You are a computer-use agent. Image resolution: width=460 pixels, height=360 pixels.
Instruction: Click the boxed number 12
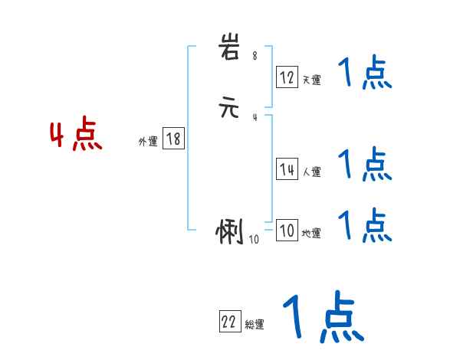click(x=287, y=77)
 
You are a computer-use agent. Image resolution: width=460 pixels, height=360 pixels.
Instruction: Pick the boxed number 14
click(x=287, y=169)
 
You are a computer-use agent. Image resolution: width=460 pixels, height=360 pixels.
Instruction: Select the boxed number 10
click(x=287, y=231)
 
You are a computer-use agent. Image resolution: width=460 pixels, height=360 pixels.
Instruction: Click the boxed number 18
click(x=173, y=139)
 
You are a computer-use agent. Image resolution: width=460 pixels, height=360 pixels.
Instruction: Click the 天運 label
click(x=311, y=80)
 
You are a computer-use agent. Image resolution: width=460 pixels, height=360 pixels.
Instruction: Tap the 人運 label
click(x=311, y=172)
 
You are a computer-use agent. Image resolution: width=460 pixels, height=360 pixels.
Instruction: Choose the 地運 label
click(x=311, y=233)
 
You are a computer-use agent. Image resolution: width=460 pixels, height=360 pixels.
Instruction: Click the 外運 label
click(x=148, y=141)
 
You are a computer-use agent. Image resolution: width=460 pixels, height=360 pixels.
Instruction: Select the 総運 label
click(x=255, y=325)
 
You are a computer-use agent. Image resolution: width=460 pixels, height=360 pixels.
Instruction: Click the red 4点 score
click(x=75, y=136)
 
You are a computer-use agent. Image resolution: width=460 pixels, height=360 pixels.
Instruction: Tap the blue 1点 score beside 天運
click(x=365, y=74)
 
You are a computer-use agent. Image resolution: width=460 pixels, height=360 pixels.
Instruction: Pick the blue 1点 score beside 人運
click(x=365, y=163)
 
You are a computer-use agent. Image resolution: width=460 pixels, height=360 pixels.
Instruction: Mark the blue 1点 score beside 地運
click(x=365, y=224)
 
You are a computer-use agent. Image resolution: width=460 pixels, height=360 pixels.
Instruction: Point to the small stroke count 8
click(x=255, y=56)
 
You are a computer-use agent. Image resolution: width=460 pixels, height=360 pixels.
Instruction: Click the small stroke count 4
click(x=255, y=117)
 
